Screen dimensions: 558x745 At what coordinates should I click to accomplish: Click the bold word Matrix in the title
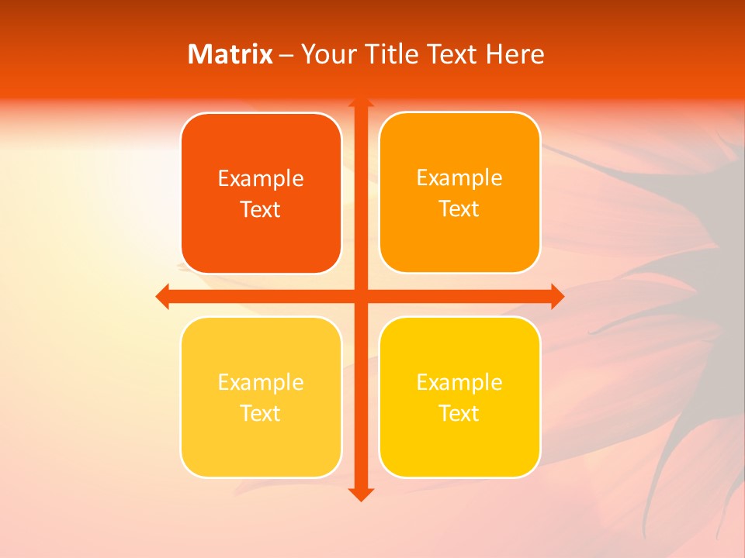230,54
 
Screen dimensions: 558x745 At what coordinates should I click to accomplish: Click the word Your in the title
325,54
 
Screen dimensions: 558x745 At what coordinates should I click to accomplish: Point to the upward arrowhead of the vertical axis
360,102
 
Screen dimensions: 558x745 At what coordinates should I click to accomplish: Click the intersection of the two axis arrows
360,296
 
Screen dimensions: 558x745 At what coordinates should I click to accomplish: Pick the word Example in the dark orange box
261,179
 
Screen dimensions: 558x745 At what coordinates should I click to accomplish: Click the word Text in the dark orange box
261,210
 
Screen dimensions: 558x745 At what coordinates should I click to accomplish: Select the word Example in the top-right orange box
459,178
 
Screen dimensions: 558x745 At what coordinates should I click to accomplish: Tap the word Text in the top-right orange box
459,209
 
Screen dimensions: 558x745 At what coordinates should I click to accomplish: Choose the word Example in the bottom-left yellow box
261,383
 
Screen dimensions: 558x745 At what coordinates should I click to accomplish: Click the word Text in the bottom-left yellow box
261,414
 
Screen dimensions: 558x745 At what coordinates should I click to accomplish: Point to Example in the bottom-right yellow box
459,383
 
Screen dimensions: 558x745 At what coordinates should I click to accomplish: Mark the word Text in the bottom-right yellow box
459,414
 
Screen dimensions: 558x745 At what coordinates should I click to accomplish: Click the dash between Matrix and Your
286,55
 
